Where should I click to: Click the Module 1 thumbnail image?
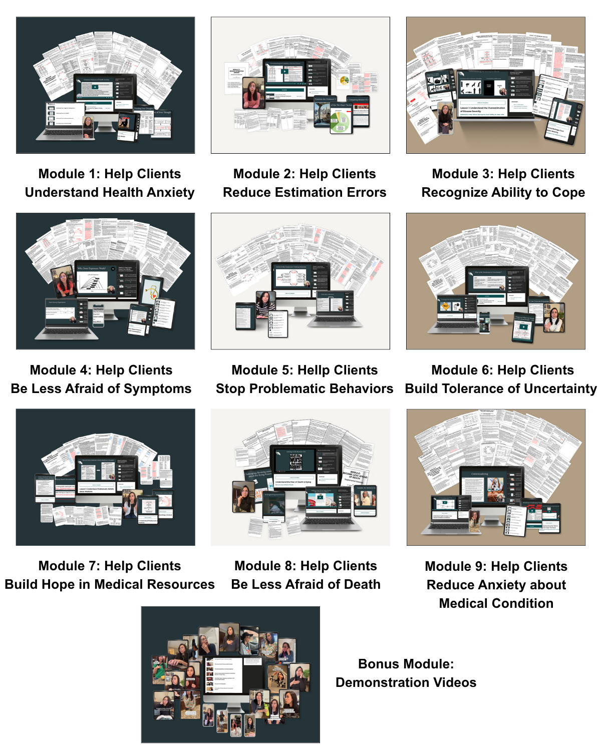click(105, 85)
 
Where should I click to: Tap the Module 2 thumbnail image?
click(300, 85)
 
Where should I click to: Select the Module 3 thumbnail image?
click(495, 85)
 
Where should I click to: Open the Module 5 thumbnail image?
click(300, 281)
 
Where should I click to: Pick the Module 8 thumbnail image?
click(300, 477)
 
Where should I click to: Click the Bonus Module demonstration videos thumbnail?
click(230, 674)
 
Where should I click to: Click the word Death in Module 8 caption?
click(361, 585)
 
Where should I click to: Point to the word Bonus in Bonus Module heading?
click(380, 664)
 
